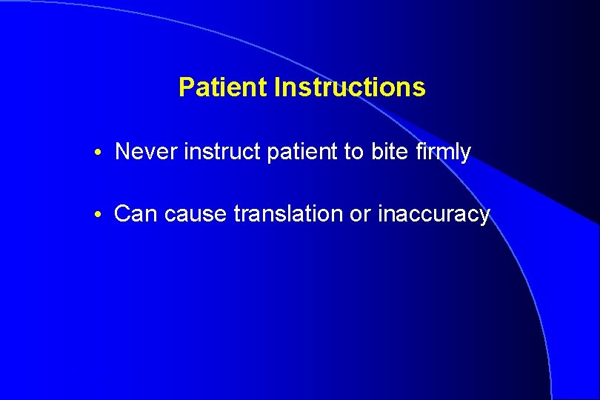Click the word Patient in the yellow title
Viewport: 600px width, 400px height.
[223, 87]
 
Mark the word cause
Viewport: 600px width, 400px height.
[196, 215]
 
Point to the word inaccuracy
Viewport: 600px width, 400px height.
[434, 215]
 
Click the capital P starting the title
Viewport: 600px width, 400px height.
[186, 87]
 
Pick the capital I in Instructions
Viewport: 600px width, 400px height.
[276, 87]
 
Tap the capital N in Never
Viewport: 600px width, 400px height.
[122, 152]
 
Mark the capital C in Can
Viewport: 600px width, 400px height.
[122, 214]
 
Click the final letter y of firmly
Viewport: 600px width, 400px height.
[465, 154]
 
